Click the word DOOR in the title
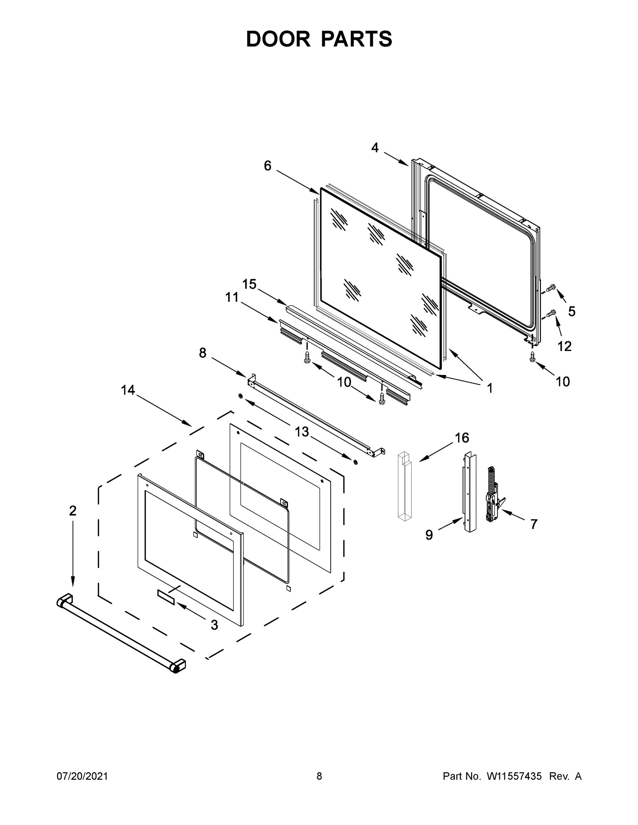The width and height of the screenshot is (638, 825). [278, 39]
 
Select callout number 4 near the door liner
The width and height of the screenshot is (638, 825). [375, 148]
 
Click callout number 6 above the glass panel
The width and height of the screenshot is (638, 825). [268, 165]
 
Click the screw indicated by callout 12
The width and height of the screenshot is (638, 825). [551, 313]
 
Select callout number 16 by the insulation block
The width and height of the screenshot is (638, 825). [462, 438]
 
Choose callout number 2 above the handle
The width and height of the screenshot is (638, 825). [73, 511]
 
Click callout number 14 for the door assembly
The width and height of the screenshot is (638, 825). [128, 390]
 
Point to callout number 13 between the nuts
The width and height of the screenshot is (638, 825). [302, 431]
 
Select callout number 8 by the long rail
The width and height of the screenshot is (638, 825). [203, 353]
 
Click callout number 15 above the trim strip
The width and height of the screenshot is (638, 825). [249, 284]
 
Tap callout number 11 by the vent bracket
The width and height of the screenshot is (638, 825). [232, 297]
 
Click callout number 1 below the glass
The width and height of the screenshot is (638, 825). [489, 388]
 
